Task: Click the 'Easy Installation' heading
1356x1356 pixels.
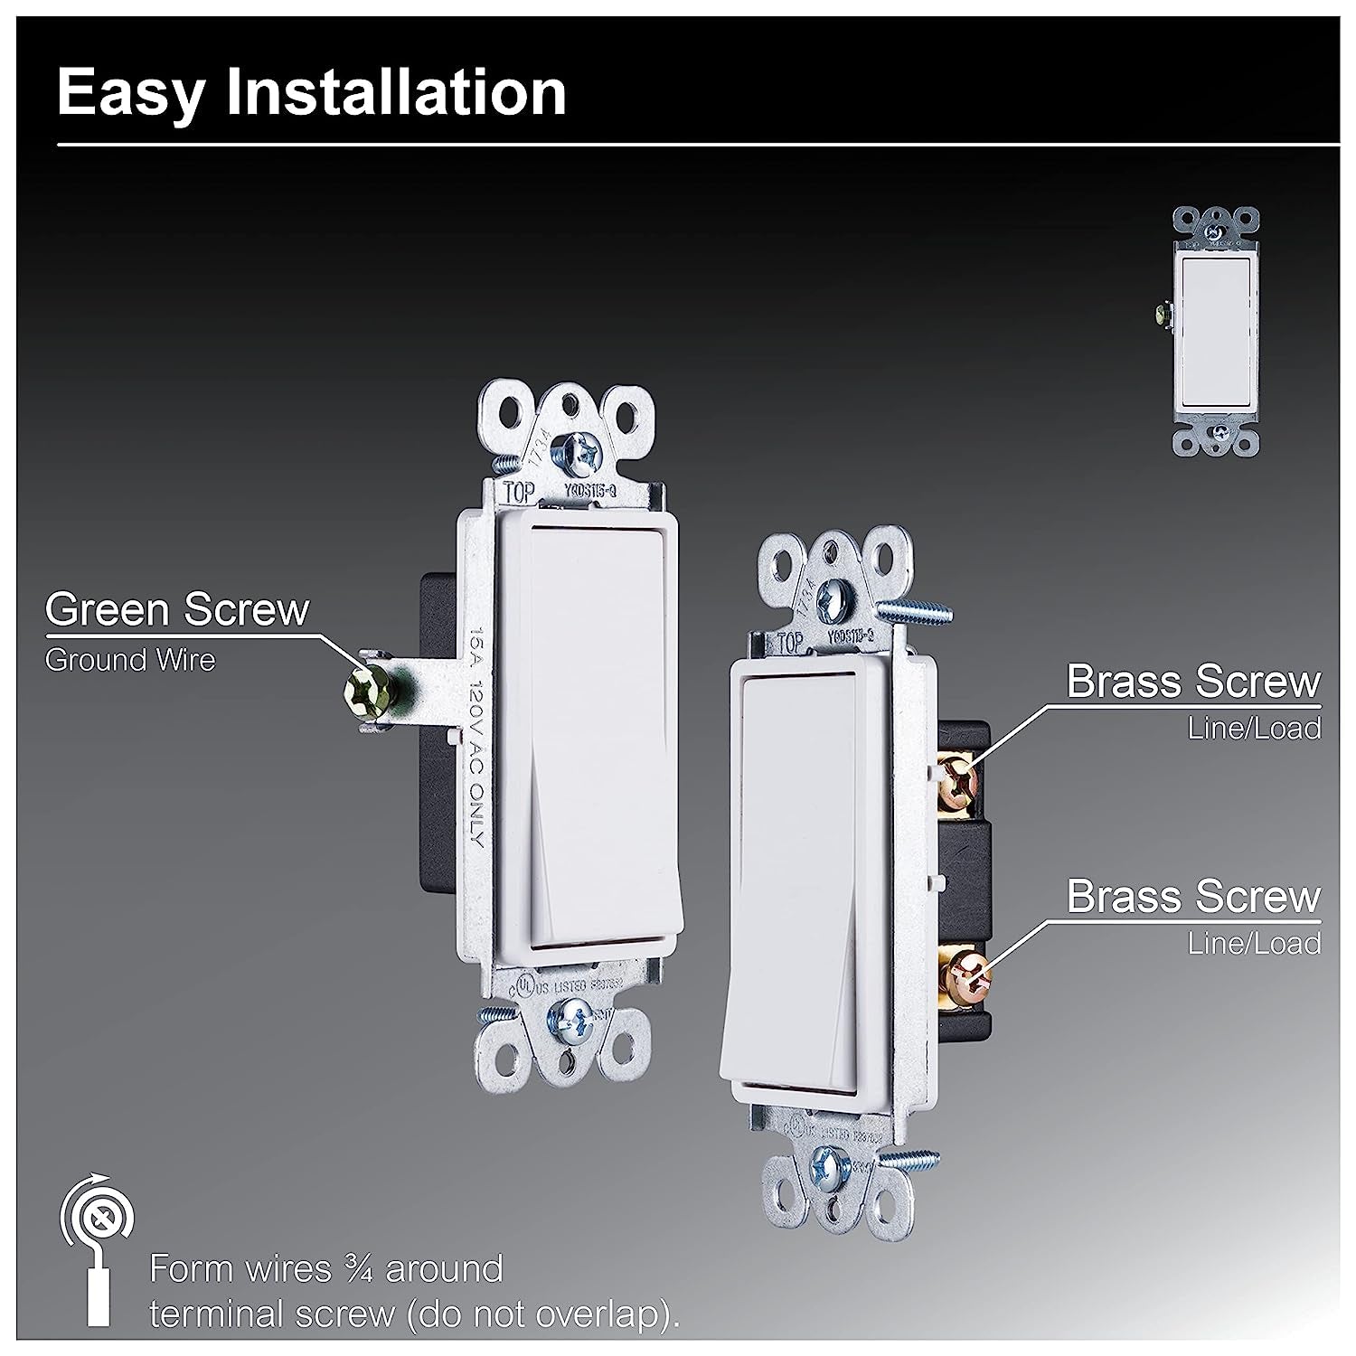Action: (x=311, y=92)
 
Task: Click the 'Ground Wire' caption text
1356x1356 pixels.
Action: (x=130, y=661)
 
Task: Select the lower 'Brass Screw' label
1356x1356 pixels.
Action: (x=1193, y=896)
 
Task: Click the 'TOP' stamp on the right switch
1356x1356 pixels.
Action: (x=790, y=643)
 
